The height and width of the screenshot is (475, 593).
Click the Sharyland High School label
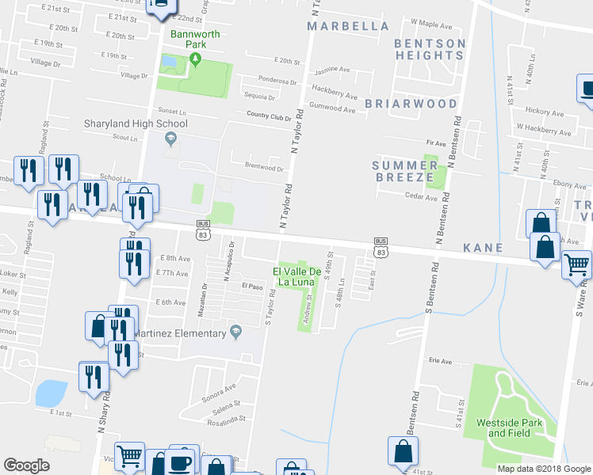(136, 123)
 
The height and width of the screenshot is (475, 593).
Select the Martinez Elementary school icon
(235, 332)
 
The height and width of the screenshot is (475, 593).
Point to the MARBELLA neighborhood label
(348, 26)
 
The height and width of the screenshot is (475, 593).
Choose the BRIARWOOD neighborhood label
(411, 104)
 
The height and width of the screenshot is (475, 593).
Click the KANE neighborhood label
(484, 248)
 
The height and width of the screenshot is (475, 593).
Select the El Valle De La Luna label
(297, 278)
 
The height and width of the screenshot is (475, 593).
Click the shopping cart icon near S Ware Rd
(576, 264)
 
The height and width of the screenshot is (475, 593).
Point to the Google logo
(26, 465)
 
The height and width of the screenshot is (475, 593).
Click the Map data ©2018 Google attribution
(545, 469)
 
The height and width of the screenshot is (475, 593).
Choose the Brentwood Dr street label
(264, 168)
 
